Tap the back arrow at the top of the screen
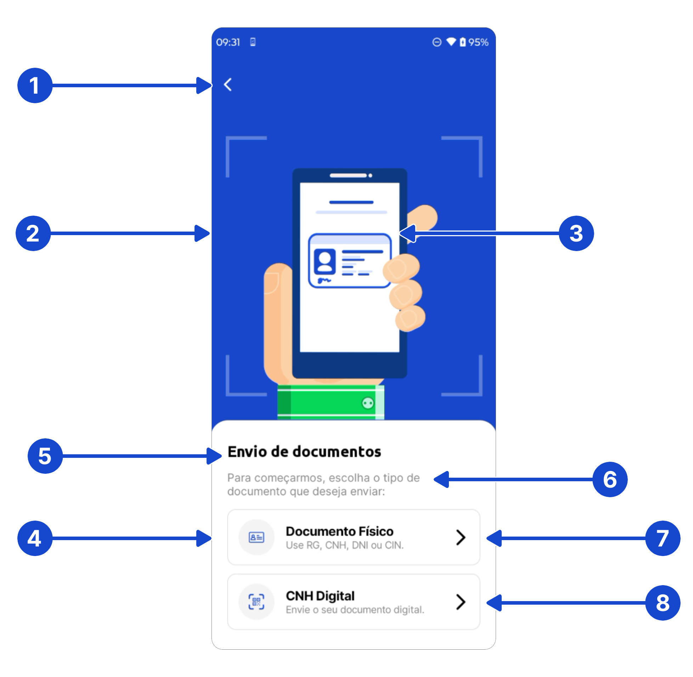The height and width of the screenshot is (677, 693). pos(228,85)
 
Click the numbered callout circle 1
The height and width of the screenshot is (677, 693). pos(35,85)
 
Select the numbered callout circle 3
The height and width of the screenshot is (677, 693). pos(576,233)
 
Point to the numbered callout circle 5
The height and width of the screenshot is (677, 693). pos(45,456)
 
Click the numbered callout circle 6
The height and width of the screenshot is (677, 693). pos(610,479)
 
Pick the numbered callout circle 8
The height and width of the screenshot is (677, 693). pos(663,603)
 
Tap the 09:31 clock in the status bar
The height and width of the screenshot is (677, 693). pos(228,42)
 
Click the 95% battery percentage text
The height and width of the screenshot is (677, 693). pos(478,42)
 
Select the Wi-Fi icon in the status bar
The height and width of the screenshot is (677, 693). pos(451,42)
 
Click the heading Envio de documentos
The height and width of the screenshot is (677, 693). pos(304,451)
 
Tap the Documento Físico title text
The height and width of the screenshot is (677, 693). pos(339,531)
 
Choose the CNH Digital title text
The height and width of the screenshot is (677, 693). pos(320,596)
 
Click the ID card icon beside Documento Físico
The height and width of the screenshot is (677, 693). pos(256,537)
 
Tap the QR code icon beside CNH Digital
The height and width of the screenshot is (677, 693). pos(256,601)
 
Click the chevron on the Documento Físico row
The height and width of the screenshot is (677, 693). pos(461,537)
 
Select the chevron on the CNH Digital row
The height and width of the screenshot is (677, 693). pos(461,602)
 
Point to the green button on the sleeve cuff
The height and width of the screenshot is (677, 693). pos(368,403)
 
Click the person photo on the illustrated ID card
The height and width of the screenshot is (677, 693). pos(324,261)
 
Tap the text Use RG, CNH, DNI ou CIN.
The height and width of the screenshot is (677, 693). pos(344,545)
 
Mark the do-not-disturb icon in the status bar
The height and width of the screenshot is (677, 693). pos(436,42)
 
